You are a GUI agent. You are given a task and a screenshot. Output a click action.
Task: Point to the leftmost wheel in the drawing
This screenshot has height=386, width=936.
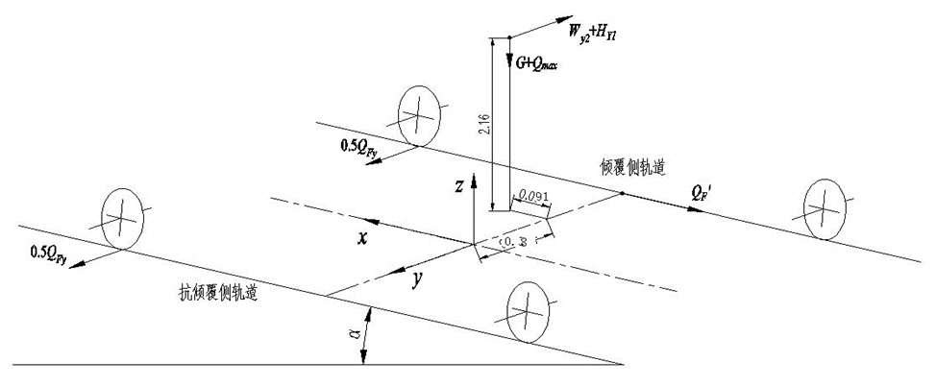(x=122, y=220)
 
